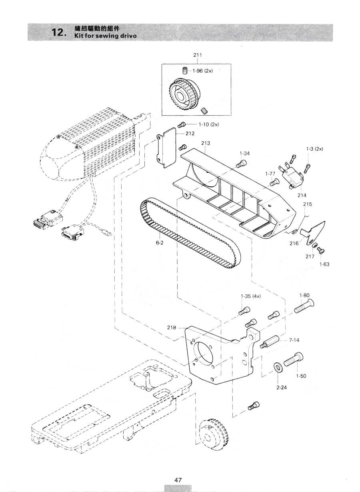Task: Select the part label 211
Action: click(x=198, y=55)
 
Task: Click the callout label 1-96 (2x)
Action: click(x=202, y=71)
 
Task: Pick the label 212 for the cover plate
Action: click(x=190, y=134)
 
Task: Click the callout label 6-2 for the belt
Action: click(x=160, y=243)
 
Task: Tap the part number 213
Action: click(x=206, y=143)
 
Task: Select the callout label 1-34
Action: click(x=245, y=154)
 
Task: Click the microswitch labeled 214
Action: click(x=292, y=178)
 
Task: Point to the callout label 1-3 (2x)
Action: click(x=314, y=149)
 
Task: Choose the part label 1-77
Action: click(x=270, y=174)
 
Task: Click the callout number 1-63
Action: click(x=324, y=264)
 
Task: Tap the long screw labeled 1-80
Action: click(x=304, y=307)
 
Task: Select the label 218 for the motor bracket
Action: click(x=172, y=334)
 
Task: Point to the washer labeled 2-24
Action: click(x=278, y=367)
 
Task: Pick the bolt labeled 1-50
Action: click(x=294, y=359)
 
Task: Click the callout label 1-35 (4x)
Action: click(x=251, y=296)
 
